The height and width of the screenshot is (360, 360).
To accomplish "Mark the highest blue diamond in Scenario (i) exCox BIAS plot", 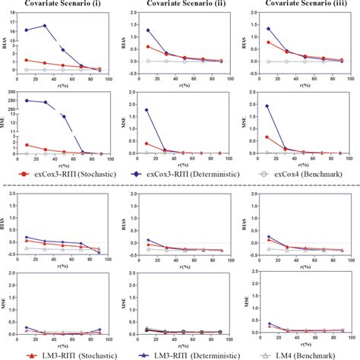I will coord(45,26).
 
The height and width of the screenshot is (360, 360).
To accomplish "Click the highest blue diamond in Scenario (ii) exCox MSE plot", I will coord(147,109).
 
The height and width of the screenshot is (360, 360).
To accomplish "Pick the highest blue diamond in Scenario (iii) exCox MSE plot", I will coord(267,106).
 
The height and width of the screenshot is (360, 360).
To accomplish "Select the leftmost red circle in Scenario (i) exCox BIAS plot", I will coord(27,60).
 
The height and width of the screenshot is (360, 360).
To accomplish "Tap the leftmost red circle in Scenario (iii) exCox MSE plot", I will coord(267,137).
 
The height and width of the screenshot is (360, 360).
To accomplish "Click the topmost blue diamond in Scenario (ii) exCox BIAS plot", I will coord(147,30).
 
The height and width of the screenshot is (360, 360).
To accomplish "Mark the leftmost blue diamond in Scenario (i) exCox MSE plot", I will coord(27,100).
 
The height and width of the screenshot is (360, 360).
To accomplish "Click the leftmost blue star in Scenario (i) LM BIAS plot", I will coord(27,237).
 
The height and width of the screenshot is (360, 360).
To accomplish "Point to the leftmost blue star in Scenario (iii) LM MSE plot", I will coord(267,324).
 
